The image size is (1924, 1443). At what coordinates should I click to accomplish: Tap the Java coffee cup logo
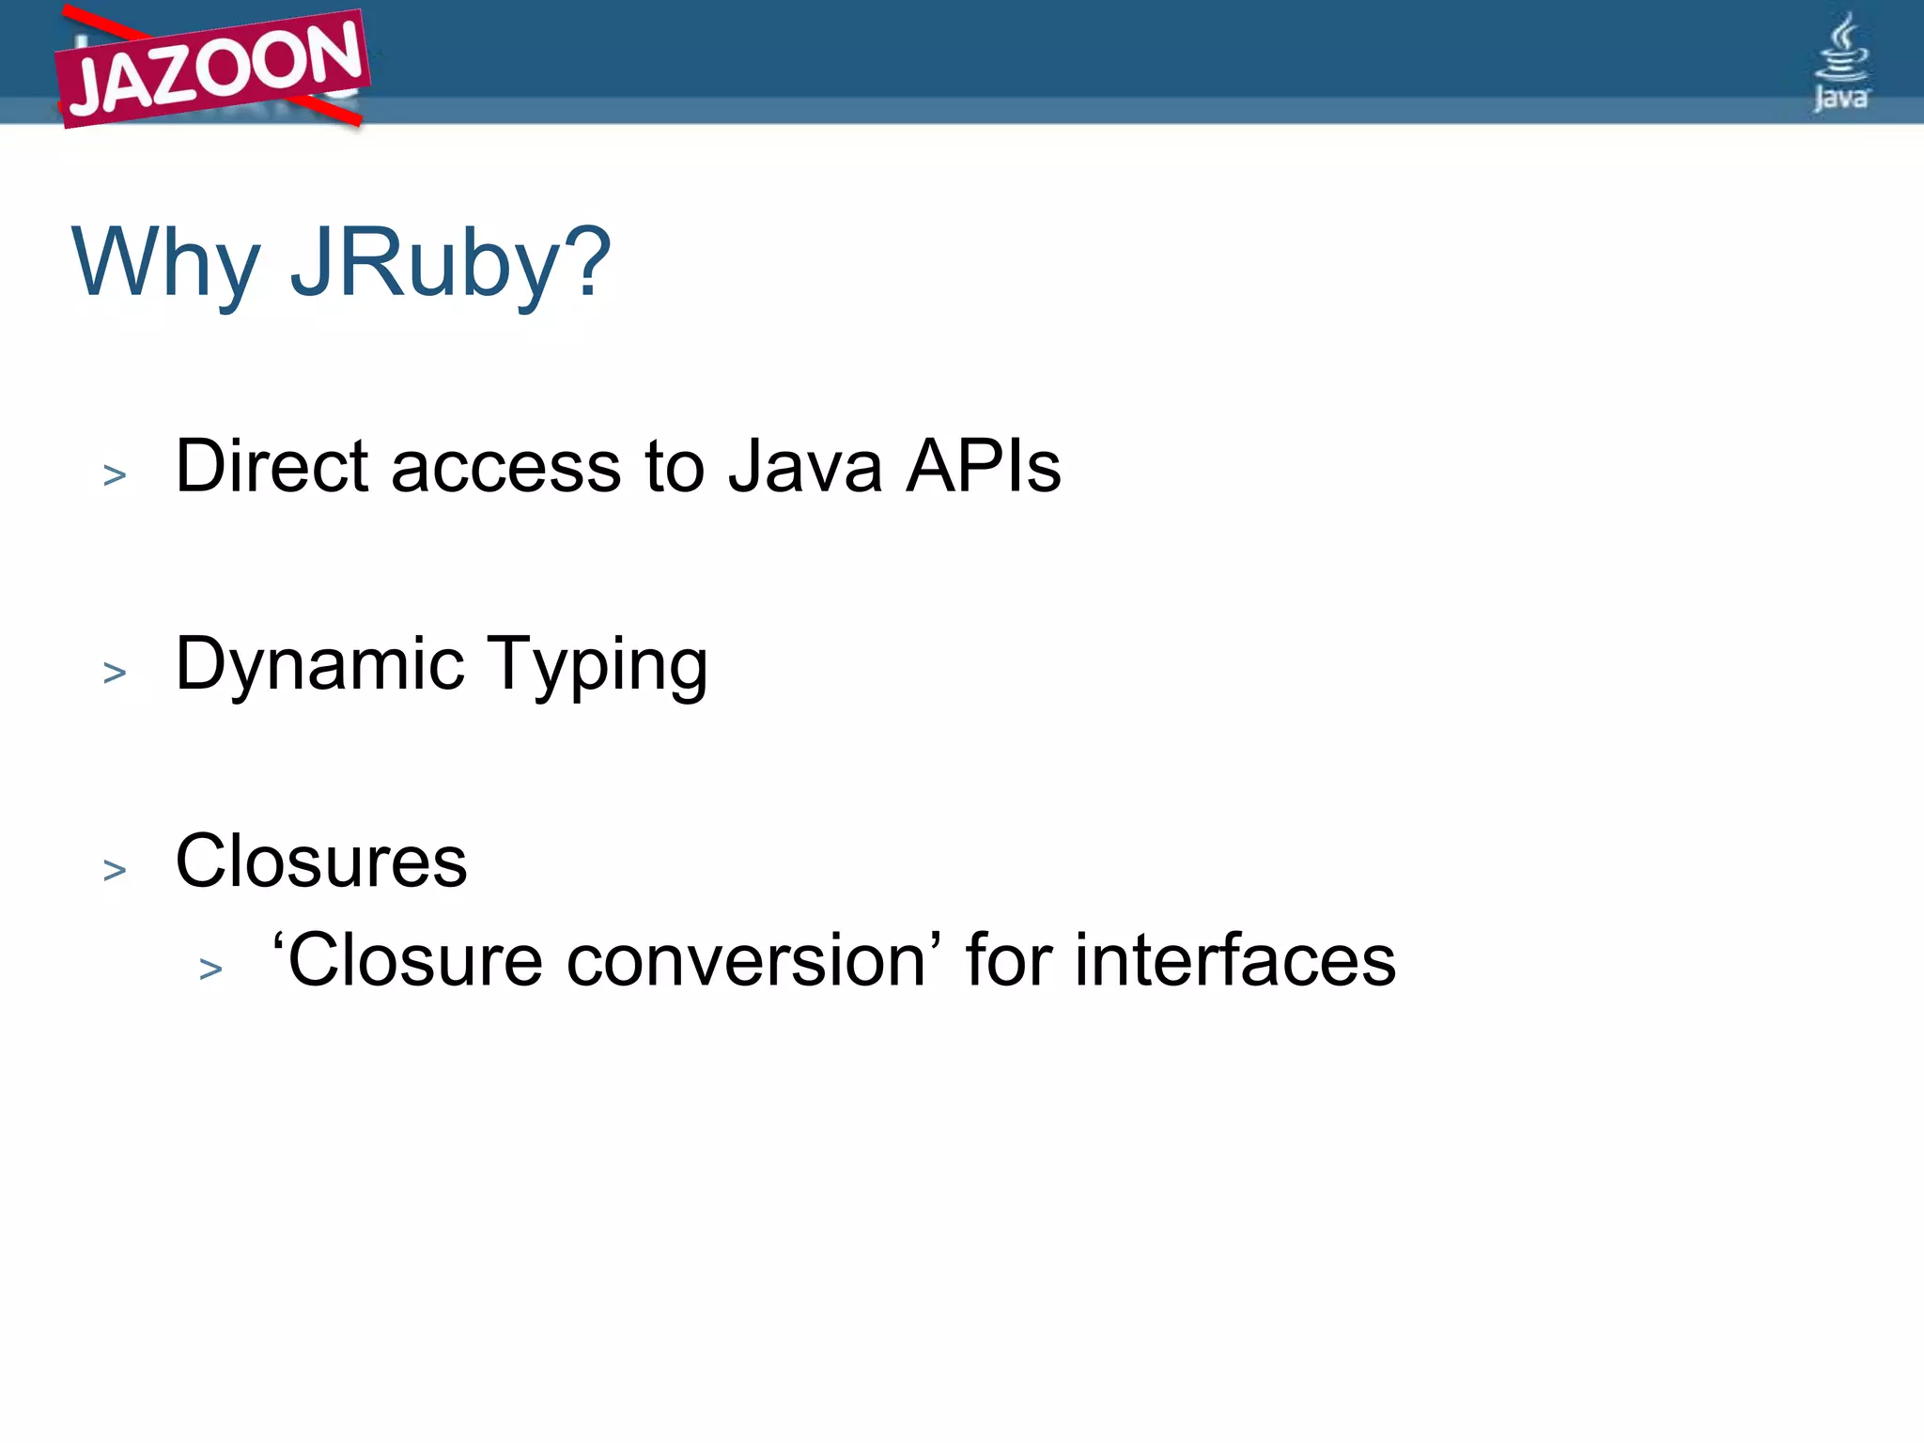(x=1841, y=62)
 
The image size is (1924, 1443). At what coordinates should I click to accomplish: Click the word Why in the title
(x=165, y=264)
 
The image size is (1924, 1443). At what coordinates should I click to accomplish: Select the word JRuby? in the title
(x=451, y=264)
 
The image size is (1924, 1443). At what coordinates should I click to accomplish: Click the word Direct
(x=272, y=466)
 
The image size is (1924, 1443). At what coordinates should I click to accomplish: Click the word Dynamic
(x=320, y=665)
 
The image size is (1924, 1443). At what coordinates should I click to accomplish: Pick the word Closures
(x=321, y=861)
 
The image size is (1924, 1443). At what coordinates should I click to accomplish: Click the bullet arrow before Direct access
(x=115, y=475)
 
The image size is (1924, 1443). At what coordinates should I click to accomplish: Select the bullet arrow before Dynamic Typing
(x=115, y=673)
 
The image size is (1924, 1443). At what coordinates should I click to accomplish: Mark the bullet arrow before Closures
(x=115, y=870)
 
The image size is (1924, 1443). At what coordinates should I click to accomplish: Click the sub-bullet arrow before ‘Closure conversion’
(x=211, y=969)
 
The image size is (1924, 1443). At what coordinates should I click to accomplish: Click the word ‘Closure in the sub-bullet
(x=408, y=961)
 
